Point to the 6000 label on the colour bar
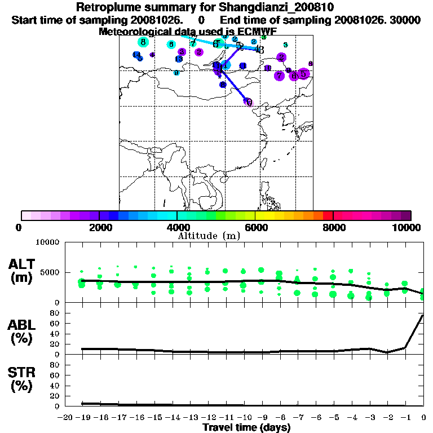click(255, 228)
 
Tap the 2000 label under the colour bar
click(99, 228)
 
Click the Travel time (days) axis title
click(246, 427)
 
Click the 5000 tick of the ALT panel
click(48, 272)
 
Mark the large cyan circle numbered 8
click(143, 42)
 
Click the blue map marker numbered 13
click(179, 59)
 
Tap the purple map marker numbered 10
click(268, 68)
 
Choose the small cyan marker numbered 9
click(176, 73)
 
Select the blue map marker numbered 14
click(136, 55)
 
